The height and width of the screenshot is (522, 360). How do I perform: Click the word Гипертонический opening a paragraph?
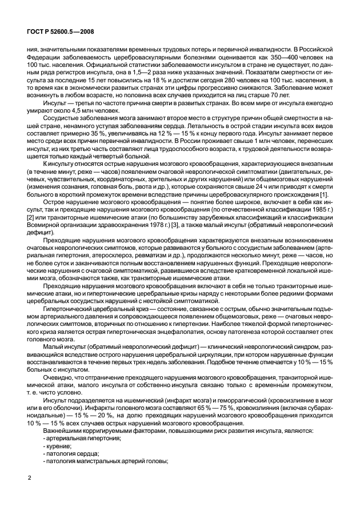pos(67,310)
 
